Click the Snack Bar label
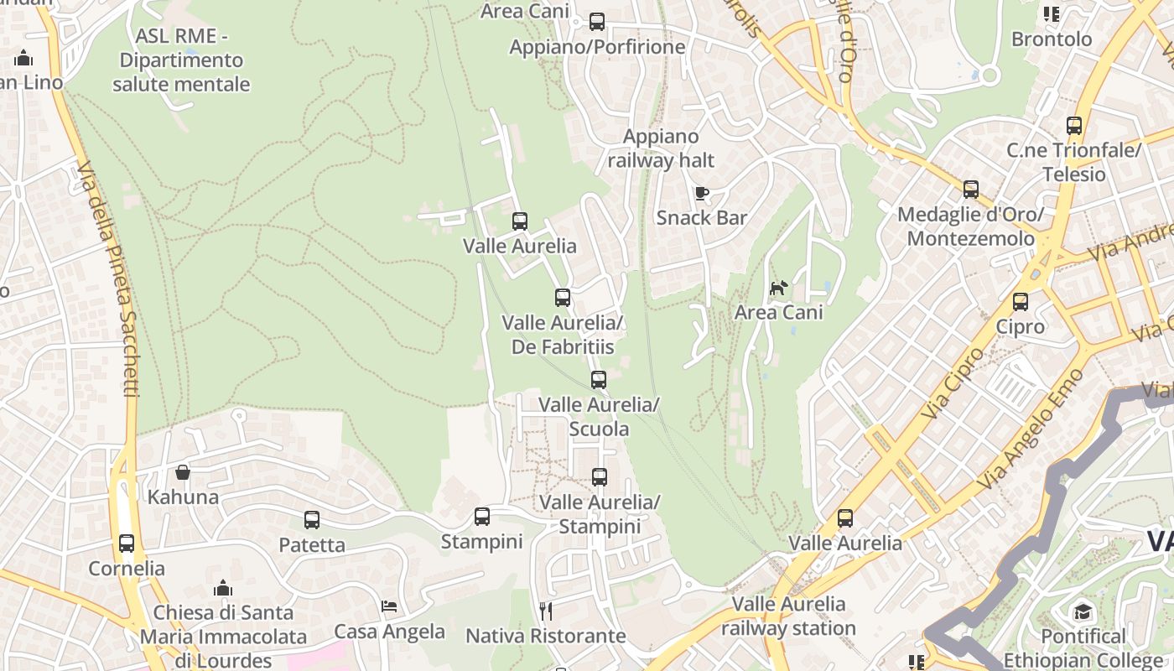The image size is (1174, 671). (x=701, y=218)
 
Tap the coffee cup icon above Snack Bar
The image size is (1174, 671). (x=701, y=194)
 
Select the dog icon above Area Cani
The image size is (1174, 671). (x=779, y=289)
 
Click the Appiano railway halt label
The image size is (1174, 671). (x=661, y=148)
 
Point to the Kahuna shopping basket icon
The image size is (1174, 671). (x=183, y=472)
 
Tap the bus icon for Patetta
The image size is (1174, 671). (x=312, y=520)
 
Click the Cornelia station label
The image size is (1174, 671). (x=127, y=568)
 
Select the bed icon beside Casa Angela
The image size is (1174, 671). (x=389, y=606)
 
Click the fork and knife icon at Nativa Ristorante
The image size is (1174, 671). (x=546, y=611)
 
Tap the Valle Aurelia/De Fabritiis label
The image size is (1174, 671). (x=563, y=335)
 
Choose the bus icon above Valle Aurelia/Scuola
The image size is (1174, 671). (x=598, y=380)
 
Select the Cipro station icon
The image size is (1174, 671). (x=1021, y=302)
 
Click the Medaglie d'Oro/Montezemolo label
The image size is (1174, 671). (x=970, y=226)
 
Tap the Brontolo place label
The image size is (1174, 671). (x=1052, y=39)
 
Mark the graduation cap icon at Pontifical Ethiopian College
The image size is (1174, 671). (x=1083, y=611)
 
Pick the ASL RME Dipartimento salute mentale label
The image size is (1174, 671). (x=181, y=60)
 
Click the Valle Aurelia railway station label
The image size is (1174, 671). (x=788, y=616)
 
